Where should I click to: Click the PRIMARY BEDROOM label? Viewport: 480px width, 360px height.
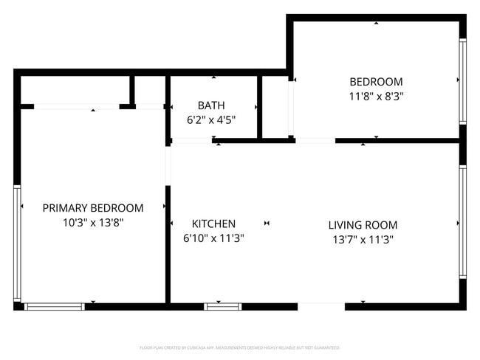(x=93, y=208)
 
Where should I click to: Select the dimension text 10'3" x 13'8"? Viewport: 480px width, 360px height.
(x=93, y=222)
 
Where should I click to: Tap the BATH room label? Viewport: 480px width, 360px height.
(x=211, y=105)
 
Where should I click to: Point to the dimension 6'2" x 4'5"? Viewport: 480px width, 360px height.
(x=211, y=120)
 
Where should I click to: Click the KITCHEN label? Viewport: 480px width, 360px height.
(x=213, y=224)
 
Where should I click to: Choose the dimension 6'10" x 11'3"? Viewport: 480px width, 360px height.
(x=213, y=238)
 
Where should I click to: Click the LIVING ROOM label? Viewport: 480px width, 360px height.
(x=363, y=225)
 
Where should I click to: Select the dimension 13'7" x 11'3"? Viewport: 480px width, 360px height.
(x=363, y=239)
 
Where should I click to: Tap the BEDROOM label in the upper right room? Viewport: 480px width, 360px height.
(x=376, y=82)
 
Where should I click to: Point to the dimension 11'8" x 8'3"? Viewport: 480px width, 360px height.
(x=376, y=96)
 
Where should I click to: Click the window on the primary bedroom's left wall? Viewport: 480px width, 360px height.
(x=17, y=243)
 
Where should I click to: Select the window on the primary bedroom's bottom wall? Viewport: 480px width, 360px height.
(x=55, y=305)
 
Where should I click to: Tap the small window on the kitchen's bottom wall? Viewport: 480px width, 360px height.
(x=223, y=305)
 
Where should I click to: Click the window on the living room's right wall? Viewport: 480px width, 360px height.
(x=462, y=221)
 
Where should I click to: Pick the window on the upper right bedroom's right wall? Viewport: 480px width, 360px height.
(x=462, y=80)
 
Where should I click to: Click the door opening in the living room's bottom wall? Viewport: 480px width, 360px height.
(x=321, y=305)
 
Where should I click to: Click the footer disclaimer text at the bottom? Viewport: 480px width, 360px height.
(x=240, y=347)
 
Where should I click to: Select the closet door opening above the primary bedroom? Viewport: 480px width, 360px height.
(x=77, y=106)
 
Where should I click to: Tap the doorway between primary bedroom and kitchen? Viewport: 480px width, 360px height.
(x=168, y=166)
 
